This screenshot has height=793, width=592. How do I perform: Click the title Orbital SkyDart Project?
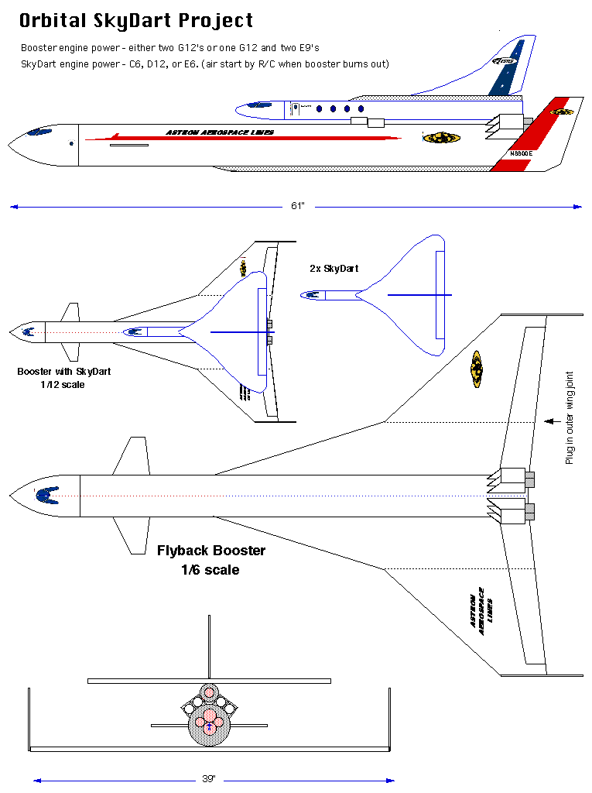point(135,21)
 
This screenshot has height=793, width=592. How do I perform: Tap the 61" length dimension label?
point(298,206)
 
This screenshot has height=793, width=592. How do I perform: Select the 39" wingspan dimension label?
point(209,779)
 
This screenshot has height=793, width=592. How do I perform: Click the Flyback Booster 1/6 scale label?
point(210,560)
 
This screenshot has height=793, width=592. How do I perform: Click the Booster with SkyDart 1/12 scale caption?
point(63,377)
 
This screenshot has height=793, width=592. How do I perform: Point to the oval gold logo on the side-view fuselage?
point(441,138)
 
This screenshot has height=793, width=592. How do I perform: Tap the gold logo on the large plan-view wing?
point(476,369)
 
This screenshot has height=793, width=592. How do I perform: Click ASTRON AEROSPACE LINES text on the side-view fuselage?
point(220,132)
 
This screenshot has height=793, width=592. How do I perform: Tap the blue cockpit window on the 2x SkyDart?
point(312,295)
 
